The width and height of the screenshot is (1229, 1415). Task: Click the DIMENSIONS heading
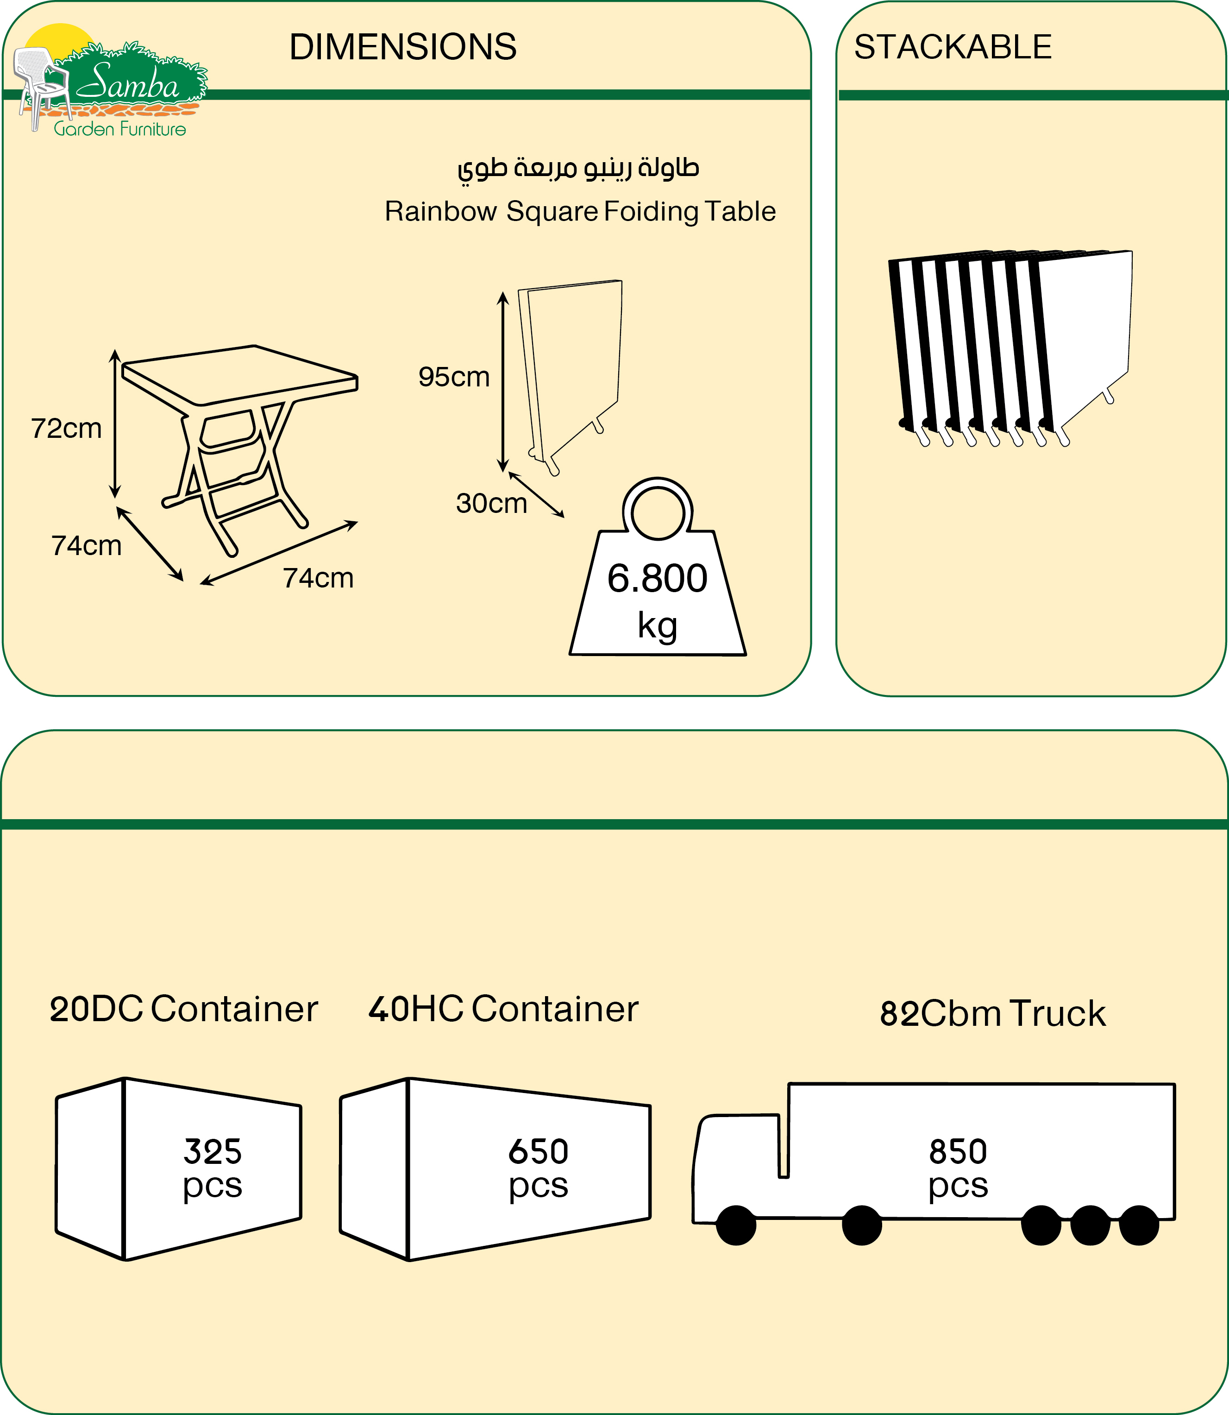tap(402, 47)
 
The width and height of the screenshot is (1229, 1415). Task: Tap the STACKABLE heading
tap(953, 47)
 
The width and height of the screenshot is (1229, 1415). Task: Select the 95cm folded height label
tap(454, 377)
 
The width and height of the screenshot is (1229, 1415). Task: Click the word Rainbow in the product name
tap(440, 211)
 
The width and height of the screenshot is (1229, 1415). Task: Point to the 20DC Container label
tap(184, 1009)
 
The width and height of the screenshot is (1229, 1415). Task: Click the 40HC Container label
tap(503, 1009)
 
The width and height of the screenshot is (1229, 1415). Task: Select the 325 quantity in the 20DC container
tap(213, 1151)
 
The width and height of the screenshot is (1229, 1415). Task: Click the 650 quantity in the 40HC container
tap(539, 1151)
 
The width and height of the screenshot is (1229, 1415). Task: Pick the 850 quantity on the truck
tap(958, 1151)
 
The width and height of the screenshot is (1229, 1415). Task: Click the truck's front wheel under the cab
tap(736, 1225)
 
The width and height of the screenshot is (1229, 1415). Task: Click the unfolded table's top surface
tap(240, 374)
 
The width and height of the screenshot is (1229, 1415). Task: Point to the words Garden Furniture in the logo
tap(119, 129)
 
